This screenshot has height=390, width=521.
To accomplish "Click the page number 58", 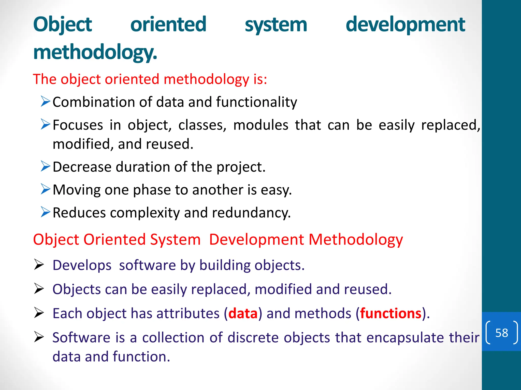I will (501, 333).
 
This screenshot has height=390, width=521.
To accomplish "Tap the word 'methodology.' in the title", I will (95, 53).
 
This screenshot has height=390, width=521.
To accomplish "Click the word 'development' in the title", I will (405, 25).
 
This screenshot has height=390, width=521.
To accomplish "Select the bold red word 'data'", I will (243, 313).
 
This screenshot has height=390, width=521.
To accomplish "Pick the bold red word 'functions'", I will (391, 313).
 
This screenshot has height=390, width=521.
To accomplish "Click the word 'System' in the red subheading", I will (175, 239).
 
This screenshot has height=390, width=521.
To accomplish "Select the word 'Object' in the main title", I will (63, 25).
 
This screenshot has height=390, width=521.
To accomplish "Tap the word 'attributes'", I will (188, 313).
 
